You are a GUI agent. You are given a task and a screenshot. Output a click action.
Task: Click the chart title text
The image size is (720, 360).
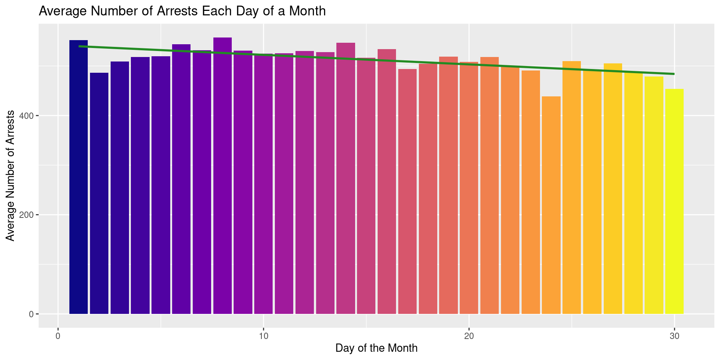tap(182, 11)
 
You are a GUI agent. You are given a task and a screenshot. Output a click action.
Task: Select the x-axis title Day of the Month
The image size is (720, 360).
tap(376, 348)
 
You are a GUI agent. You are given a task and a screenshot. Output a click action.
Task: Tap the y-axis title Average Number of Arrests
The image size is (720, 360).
tap(10, 175)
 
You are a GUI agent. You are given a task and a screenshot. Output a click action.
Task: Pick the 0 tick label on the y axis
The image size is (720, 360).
tap(31, 314)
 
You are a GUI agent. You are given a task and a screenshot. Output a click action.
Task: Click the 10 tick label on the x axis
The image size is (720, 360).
tap(263, 336)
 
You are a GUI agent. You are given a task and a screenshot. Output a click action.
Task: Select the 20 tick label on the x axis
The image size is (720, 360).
tap(469, 336)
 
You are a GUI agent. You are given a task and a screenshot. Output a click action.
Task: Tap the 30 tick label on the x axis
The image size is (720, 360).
tap(674, 336)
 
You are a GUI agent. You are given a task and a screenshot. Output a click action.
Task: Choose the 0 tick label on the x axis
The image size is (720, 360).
tap(58, 336)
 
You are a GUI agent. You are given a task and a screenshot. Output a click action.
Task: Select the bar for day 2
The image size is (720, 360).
tap(99, 193)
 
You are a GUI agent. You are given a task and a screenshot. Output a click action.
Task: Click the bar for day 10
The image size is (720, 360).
tap(263, 184)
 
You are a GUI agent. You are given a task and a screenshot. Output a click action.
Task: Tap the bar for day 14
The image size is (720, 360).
tap(346, 178)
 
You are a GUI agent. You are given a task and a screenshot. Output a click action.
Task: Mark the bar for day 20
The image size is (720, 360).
tap(469, 188)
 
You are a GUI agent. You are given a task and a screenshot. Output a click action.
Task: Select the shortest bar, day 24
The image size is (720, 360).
tap(551, 205)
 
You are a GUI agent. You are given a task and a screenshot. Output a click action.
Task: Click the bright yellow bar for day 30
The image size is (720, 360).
tap(674, 201)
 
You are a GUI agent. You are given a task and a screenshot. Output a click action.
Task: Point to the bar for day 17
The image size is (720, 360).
tap(407, 191)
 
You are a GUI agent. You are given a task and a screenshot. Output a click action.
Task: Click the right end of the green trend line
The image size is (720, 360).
tap(674, 74)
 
